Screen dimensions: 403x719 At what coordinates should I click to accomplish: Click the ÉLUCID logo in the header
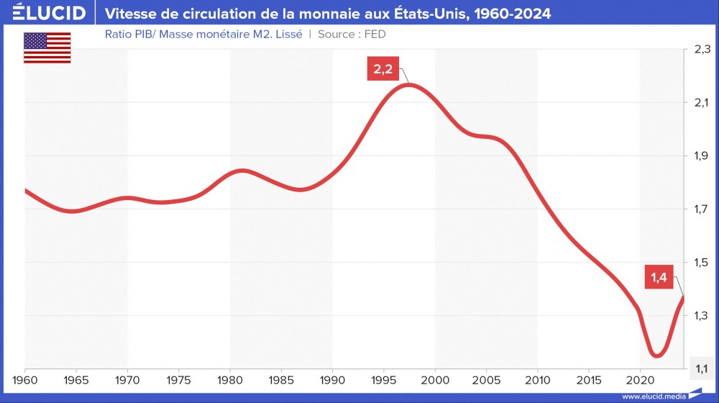coord(45,14)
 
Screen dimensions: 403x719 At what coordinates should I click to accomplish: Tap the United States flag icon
coord(47,47)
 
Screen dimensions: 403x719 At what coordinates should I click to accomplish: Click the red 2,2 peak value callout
coord(383,70)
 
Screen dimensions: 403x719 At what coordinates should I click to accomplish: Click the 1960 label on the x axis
coord(25,379)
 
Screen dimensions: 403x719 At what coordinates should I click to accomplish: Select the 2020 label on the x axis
coord(640,379)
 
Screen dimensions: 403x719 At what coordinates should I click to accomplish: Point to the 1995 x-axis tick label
coord(384,379)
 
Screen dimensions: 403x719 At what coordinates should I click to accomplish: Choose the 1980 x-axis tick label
coord(230,379)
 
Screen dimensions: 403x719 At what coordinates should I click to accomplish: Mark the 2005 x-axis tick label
coord(486,379)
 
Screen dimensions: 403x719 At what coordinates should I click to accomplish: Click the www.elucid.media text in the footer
coord(652,397)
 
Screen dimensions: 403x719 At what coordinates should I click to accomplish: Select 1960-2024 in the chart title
coord(516,14)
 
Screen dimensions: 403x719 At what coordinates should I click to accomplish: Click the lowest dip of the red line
coord(656,355)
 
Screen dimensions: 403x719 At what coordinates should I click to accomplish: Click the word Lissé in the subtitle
coord(287,34)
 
